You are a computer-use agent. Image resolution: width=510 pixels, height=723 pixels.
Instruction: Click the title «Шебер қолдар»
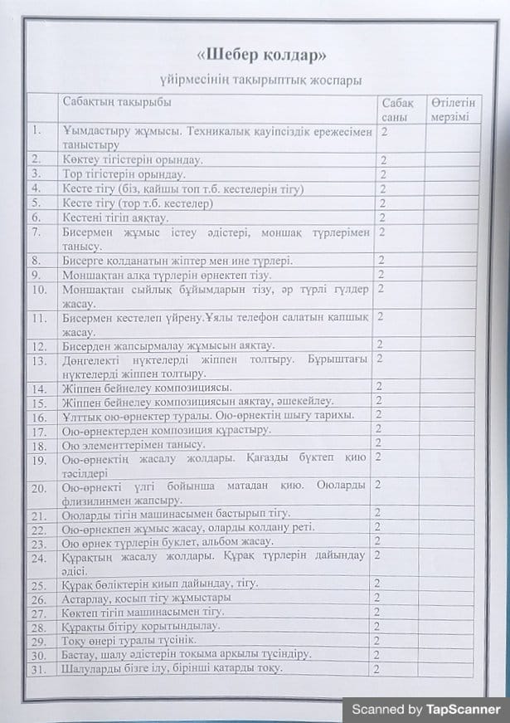(260, 56)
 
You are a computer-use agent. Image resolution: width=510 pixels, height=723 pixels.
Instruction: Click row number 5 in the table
(36, 203)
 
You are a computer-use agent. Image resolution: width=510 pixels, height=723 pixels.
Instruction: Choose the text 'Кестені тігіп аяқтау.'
(115, 217)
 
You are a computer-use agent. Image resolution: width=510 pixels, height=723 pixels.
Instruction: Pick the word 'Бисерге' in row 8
(84, 261)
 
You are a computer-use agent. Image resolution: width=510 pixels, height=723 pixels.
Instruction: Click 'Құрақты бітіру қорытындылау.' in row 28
(141, 627)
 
